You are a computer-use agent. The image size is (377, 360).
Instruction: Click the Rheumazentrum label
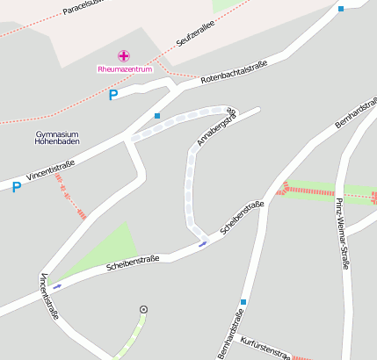[x=124, y=68]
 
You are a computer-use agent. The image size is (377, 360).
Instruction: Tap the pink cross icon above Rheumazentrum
[x=124, y=56]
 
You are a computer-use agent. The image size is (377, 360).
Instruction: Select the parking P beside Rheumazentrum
[x=112, y=95]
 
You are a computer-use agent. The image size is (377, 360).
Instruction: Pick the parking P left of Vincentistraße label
[x=16, y=187]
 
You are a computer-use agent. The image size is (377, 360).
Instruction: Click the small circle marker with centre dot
[x=143, y=309]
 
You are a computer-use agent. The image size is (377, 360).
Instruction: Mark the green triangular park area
[x=112, y=248]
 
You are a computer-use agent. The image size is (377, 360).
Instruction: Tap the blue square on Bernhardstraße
[x=243, y=302]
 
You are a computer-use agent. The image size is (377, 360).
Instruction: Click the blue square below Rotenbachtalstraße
[x=157, y=115]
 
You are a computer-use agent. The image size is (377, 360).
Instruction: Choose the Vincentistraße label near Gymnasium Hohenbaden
[x=50, y=169]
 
